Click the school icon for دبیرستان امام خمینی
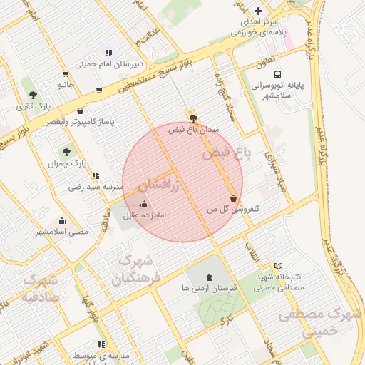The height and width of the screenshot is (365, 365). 108,53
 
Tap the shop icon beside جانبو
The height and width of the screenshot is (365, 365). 66,73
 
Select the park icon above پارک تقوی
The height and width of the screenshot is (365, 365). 32,94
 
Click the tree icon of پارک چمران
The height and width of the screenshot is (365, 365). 66,152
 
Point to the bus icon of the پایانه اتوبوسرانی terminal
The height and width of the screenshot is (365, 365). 277,73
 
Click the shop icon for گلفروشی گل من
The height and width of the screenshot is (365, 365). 233,198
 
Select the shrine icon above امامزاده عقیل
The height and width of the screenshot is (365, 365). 145,205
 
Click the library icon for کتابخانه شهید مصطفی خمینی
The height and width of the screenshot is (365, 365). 279,265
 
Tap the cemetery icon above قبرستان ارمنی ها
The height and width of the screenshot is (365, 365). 208,277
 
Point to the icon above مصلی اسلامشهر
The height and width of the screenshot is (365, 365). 61,220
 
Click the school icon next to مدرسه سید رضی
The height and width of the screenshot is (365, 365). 96,175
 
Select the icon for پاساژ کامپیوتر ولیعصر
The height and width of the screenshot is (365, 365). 80,110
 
